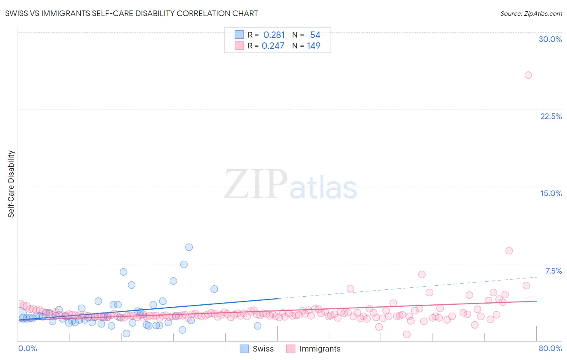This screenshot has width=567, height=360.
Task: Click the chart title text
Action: pos(131,13)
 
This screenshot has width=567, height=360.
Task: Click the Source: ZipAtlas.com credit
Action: pos(531,13)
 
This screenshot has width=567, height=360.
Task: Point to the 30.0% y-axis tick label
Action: pos(550,39)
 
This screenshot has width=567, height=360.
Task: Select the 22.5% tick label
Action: pos(551,116)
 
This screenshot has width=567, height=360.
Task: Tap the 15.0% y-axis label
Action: pos(551,193)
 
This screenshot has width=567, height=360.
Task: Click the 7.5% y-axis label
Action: pos(553,271)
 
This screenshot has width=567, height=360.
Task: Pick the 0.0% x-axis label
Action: pos(27,348)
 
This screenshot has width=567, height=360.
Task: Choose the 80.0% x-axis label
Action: pos(550,348)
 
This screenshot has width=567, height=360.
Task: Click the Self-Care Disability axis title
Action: pos(11,184)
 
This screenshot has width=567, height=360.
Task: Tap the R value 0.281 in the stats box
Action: pos(274,35)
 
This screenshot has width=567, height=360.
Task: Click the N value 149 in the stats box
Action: pos(313,46)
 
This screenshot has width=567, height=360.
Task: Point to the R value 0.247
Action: pos(273,46)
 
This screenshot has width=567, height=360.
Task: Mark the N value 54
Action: pos(315,35)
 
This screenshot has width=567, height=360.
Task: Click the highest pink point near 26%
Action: pos(528,75)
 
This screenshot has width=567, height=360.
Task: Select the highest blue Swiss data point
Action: pos(189,247)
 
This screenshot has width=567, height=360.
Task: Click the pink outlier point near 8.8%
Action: pos(509,251)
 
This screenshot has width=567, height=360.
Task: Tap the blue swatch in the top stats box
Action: pos(239,35)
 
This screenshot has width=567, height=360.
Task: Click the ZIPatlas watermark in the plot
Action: pos(290,185)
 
